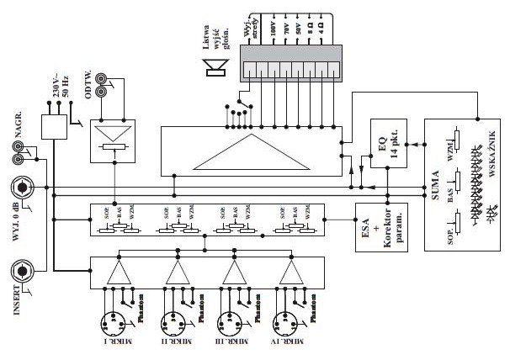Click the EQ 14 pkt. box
[x=385, y=140]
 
